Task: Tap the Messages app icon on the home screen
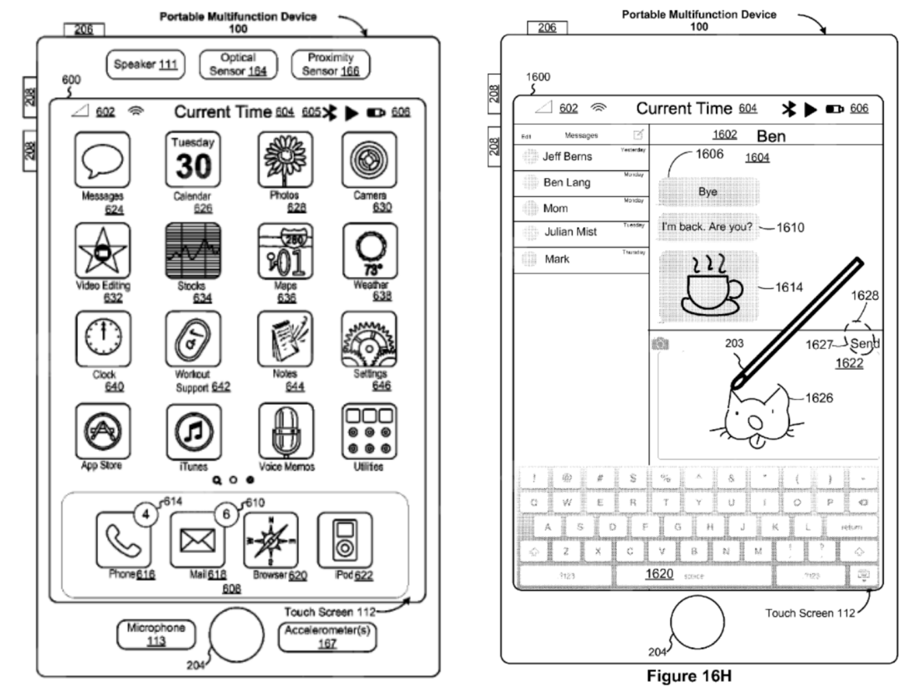click(x=102, y=159)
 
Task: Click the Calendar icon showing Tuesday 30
click(x=193, y=159)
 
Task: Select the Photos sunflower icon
click(x=286, y=159)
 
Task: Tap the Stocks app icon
click(x=193, y=251)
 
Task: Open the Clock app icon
click(x=103, y=339)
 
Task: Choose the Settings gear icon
click(x=369, y=339)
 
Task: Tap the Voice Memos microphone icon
click(x=286, y=430)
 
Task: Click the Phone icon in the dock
click(x=123, y=540)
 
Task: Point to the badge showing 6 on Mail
click(x=226, y=514)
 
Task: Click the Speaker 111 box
click(x=146, y=64)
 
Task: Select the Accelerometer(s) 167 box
click(x=327, y=637)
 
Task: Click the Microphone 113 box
click(x=156, y=634)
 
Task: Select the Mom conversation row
click(x=581, y=208)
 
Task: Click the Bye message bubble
click(x=709, y=192)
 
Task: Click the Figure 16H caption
click(x=688, y=676)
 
